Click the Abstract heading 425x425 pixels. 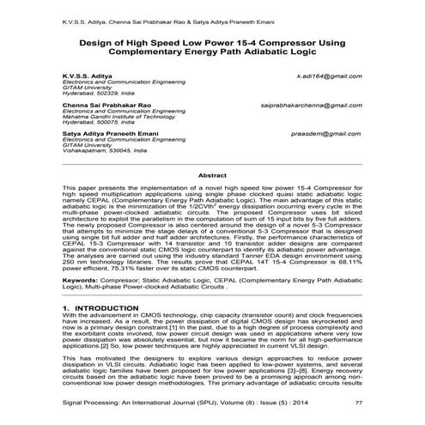click(x=212, y=174)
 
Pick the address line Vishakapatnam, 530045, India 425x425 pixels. click(x=103, y=150)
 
